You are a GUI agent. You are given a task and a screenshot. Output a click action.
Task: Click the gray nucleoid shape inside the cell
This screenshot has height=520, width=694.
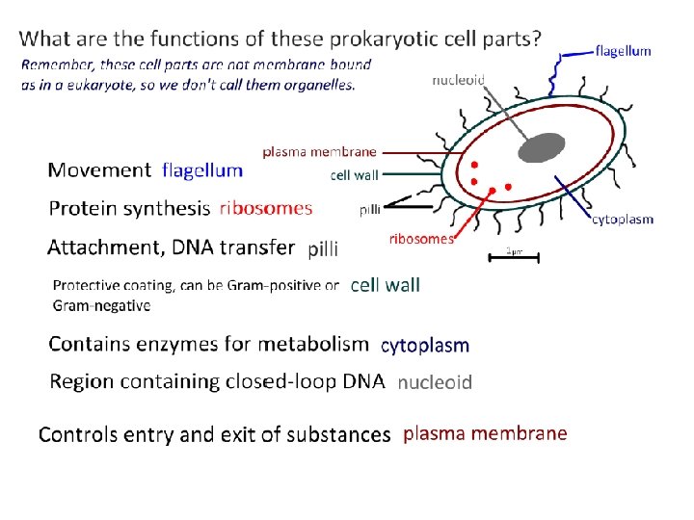point(542,147)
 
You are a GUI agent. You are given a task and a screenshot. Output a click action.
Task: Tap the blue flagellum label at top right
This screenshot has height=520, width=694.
point(624,51)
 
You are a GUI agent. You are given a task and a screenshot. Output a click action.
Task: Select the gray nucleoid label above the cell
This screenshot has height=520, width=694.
point(458,80)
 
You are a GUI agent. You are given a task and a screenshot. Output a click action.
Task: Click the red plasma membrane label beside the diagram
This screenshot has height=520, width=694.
point(320,151)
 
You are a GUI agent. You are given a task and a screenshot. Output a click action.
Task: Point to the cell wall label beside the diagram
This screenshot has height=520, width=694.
point(354,175)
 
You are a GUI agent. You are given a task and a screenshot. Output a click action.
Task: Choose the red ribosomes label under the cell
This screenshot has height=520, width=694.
point(420,239)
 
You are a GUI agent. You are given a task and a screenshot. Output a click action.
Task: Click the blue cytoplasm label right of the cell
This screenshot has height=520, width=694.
point(622,219)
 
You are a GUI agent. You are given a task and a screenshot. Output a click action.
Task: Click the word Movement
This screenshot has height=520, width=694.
point(99,170)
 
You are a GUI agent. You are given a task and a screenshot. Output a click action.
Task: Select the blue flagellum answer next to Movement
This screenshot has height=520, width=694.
point(202,170)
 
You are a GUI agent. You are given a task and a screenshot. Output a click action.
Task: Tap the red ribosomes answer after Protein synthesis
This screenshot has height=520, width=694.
point(266,208)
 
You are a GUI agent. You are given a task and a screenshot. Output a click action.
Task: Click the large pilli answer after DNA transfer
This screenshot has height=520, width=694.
point(323,249)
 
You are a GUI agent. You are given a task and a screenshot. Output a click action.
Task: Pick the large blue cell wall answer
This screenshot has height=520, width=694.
point(385,285)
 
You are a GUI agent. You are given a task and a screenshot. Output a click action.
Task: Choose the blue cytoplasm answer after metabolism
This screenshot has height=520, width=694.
point(425,345)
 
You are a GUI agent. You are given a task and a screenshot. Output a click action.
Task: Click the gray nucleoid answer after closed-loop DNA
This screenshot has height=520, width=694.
point(435,382)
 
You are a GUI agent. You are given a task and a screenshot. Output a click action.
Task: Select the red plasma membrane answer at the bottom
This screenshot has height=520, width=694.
point(485,433)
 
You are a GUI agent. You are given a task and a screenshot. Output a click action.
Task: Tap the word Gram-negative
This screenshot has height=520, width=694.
point(101,305)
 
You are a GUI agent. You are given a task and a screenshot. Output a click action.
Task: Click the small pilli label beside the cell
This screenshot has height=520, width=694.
point(369,209)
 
